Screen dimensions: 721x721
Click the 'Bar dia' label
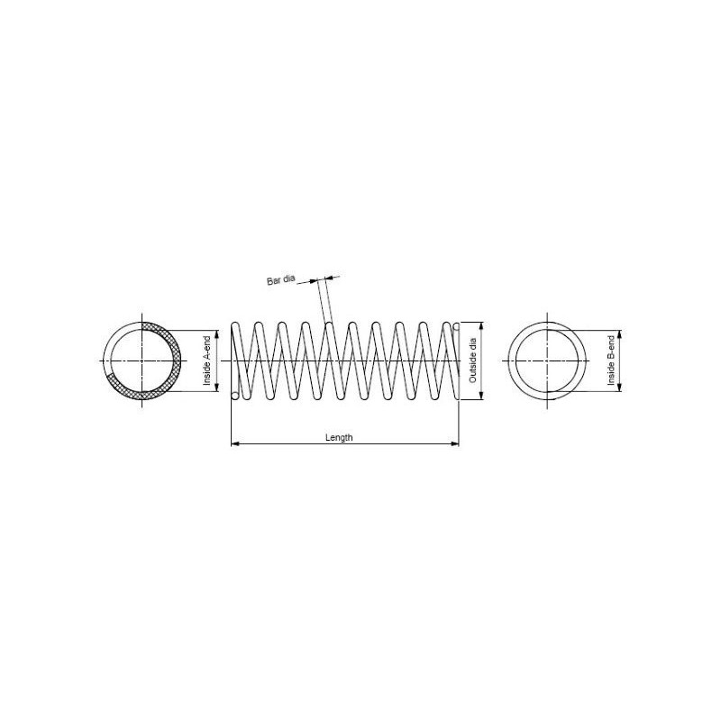[x=280, y=280]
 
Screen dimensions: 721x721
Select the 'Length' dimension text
[x=339, y=437]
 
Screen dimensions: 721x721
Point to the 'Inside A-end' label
[x=207, y=361]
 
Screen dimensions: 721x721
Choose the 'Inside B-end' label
[x=611, y=361]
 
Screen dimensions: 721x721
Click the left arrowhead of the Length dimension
[x=234, y=443]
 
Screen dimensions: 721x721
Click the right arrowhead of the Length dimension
[x=455, y=443]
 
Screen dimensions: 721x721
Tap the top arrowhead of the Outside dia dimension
[x=481, y=326]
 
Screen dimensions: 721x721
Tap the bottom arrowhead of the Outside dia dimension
[x=481, y=396]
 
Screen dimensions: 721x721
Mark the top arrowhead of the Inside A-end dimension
[x=216, y=334]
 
